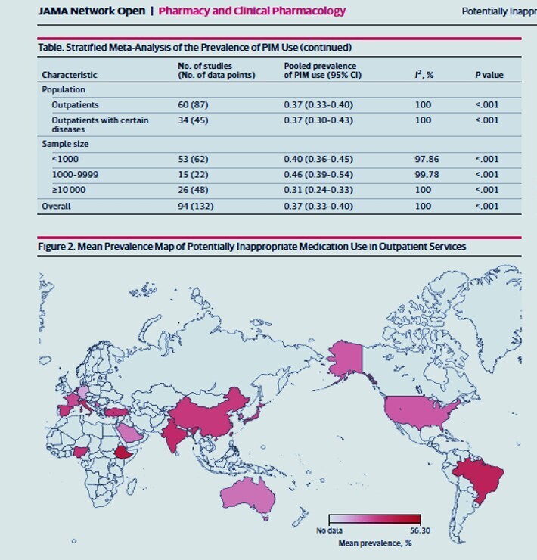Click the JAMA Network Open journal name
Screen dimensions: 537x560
tap(92, 11)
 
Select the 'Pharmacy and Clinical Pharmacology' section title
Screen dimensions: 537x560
tap(252, 11)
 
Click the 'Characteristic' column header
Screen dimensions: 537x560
tap(70, 75)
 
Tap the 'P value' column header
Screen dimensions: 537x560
tap(489, 75)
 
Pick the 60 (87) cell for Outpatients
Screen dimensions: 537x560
tap(193, 105)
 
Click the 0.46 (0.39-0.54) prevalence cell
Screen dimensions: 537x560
tap(318, 175)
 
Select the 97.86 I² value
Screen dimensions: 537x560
tap(427, 159)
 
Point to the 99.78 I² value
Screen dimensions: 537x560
tap(427, 175)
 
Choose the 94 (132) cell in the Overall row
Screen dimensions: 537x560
tap(196, 207)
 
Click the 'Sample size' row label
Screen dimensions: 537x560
tap(65, 144)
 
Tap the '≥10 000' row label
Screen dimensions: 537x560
tap(69, 190)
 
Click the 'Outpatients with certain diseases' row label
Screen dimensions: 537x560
tap(100, 125)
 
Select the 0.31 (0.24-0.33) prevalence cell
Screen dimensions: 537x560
tap(318, 190)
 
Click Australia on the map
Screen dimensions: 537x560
tap(248, 497)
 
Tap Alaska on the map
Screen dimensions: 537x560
tap(345, 358)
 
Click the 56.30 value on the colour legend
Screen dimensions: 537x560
tap(421, 530)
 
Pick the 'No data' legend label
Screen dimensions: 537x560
tap(329, 530)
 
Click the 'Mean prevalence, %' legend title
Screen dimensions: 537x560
tap(375, 543)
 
